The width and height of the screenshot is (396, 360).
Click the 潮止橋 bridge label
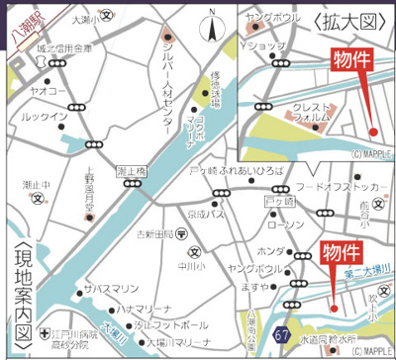click(x=131, y=170)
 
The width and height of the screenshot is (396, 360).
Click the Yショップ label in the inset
click(x=264, y=46)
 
